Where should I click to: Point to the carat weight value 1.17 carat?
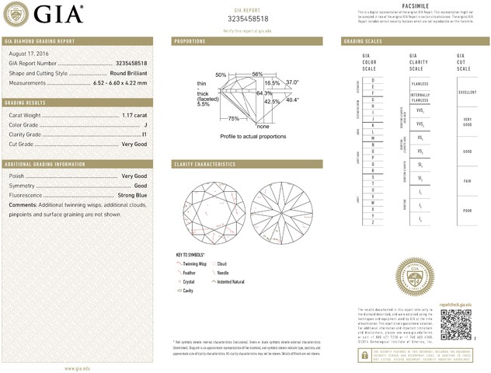[x=134, y=115]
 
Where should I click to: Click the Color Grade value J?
[x=145, y=124]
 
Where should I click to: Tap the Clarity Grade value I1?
[x=145, y=134]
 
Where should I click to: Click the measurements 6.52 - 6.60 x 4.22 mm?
[x=120, y=82]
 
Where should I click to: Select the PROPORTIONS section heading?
[x=190, y=40]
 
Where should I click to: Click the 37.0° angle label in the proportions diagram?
[x=292, y=82]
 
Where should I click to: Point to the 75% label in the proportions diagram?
[x=233, y=119]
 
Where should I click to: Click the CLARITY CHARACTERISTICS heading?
[x=204, y=164]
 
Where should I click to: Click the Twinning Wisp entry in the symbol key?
[x=195, y=264]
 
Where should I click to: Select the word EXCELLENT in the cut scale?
[x=468, y=92]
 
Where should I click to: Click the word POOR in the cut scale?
[x=468, y=210]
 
